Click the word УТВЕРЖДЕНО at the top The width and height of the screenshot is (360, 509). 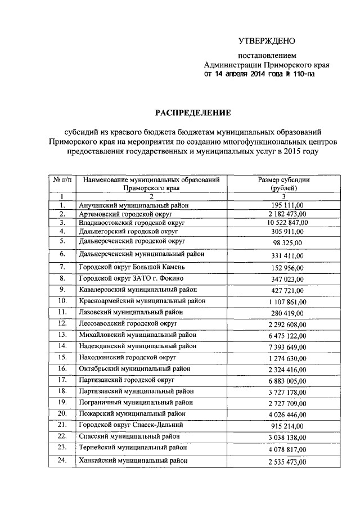267,41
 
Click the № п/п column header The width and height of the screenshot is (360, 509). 61,179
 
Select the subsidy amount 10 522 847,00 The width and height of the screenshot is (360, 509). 283,223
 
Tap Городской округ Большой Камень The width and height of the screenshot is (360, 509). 132,266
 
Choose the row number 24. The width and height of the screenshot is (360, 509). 62,461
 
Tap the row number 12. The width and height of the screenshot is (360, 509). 62,323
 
